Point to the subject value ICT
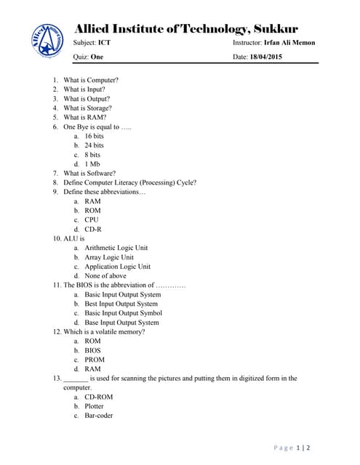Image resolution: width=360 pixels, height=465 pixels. [105, 43]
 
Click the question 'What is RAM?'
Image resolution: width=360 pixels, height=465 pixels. [85, 117]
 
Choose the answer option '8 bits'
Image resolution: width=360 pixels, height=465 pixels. [92, 155]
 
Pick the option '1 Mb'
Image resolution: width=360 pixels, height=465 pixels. [92, 164]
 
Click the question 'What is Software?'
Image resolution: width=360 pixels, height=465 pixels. [89, 174]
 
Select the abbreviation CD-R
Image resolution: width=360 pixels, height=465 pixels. [92, 229]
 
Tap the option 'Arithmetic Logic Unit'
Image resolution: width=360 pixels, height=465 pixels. [116, 248]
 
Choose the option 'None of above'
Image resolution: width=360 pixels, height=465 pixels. [105, 276]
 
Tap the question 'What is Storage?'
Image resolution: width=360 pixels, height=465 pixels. [88, 108]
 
